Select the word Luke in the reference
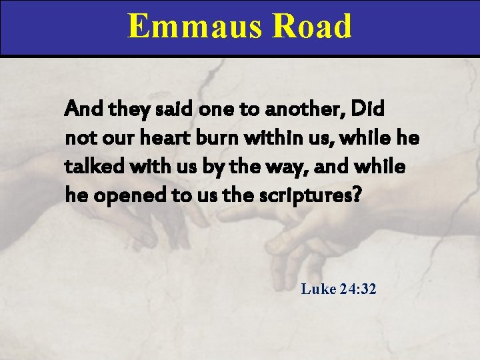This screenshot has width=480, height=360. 317,289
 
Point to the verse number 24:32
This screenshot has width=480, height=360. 358,289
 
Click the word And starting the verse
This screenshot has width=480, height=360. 79,109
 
